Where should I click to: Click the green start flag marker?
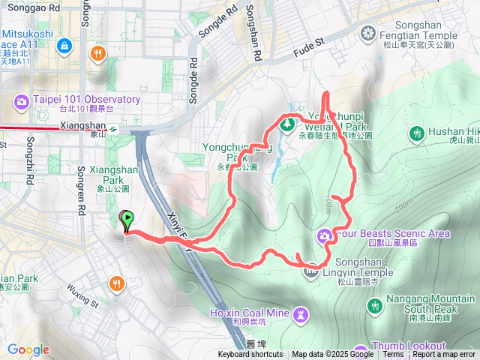pos(127,220)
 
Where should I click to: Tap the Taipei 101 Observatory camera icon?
pos(21,101)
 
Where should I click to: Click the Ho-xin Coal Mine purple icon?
pos(301,312)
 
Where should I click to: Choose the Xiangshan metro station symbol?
pos(111,129)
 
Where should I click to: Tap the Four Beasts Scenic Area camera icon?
pos(324,235)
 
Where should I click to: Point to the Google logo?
pos(28,349)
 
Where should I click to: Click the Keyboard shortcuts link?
pos(250,355)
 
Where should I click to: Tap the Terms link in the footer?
pos(393,355)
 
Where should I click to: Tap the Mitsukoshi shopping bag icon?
pos(65,46)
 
